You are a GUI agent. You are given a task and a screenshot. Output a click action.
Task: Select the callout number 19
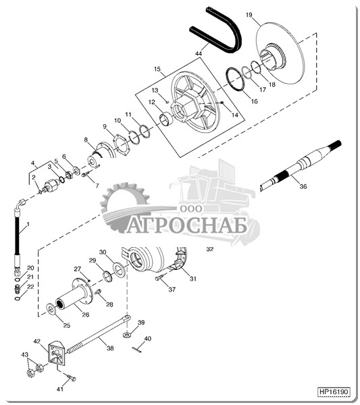(x=249, y=15)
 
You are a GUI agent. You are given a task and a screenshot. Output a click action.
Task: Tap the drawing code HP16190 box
(x=334, y=391)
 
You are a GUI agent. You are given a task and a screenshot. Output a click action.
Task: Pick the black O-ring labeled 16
(x=235, y=79)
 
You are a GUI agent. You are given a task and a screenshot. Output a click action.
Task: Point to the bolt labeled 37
(x=159, y=278)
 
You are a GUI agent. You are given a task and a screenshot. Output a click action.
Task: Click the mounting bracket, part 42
(x=57, y=353)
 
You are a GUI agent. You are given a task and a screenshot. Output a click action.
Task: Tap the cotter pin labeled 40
(x=136, y=350)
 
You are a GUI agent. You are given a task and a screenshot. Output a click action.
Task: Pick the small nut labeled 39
(x=127, y=335)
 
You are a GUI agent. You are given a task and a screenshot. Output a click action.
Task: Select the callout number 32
(x=210, y=249)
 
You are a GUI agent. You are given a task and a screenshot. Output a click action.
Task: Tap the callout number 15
(x=157, y=69)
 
